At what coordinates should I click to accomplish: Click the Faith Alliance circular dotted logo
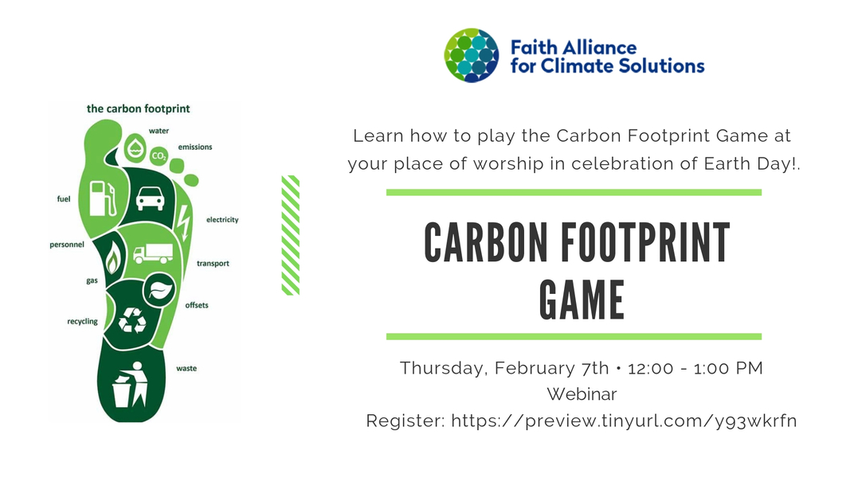click(472, 56)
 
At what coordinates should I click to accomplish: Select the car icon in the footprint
click(150, 198)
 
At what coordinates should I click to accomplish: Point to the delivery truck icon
click(152, 253)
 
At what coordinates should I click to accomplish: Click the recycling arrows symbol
click(131, 319)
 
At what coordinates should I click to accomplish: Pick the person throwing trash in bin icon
click(131, 385)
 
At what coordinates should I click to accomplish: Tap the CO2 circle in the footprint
click(159, 157)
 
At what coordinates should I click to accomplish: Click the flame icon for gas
click(114, 257)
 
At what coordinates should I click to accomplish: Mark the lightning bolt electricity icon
click(184, 222)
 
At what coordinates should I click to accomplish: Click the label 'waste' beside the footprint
click(186, 368)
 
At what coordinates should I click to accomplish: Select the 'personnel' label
click(67, 245)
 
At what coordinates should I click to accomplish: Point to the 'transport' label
click(213, 264)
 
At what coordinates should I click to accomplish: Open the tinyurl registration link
click(624, 420)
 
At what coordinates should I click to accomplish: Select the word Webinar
click(582, 394)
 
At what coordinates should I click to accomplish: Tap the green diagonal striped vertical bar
click(291, 235)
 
